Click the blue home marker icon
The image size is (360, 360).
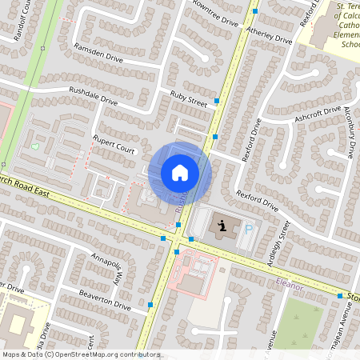180,173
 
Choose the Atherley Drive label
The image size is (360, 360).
270,33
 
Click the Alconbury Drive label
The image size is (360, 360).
350,129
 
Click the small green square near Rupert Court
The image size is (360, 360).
34,146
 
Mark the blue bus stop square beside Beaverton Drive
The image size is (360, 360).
151,305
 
